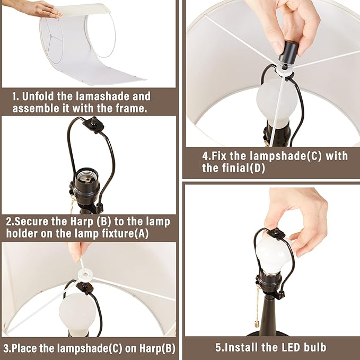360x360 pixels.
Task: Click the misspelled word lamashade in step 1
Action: pyautogui.click(x=102, y=96)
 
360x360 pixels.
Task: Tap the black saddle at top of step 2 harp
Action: pyautogui.click(x=93, y=124)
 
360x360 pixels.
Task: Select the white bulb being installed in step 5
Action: pyautogui.click(x=273, y=254)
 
